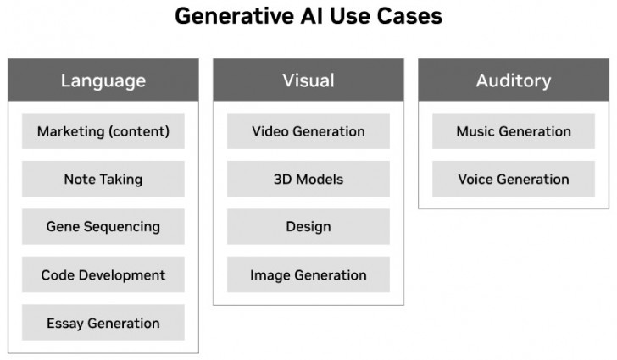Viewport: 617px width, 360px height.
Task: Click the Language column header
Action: (x=103, y=80)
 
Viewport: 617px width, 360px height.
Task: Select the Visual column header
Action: (x=308, y=80)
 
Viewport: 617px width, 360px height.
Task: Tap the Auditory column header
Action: (x=513, y=80)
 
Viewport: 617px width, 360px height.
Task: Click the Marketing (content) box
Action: (x=103, y=131)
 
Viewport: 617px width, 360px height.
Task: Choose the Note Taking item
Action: (x=103, y=179)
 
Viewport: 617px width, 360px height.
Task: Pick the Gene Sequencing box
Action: (x=103, y=227)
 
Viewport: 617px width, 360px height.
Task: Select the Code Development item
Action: (x=103, y=275)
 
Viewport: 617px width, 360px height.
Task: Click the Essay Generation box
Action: (x=103, y=323)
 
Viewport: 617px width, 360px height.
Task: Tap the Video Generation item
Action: (x=308, y=131)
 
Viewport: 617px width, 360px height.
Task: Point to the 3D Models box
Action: (x=308, y=179)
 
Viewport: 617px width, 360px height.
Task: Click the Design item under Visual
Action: (x=308, y=227)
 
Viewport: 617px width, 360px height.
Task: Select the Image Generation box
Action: (x=308, y=275)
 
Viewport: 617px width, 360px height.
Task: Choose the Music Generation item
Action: (x=513, y=131)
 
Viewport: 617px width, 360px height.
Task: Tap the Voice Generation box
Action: (x=513, y=179)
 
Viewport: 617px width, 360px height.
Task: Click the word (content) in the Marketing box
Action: (x=137, y=131)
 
